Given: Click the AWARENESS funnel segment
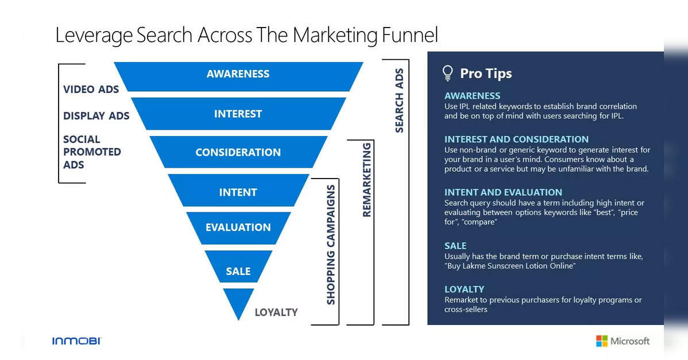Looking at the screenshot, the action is [238, 76].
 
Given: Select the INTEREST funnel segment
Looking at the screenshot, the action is [238, 114].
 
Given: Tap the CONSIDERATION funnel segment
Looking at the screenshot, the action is [238, 152].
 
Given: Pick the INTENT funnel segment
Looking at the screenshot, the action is [238, 190].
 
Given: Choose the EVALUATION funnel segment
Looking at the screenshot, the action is [238, 228].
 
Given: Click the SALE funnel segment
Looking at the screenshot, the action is [238, 266].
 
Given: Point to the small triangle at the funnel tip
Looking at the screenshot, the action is [238, 300].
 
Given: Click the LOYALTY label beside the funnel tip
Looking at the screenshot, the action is [276, 312].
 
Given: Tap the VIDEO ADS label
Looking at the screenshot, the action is [91, 90].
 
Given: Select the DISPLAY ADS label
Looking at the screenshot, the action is [96, 116].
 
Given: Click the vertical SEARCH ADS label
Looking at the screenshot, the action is [399, 100].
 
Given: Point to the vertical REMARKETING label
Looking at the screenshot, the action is [366, 179].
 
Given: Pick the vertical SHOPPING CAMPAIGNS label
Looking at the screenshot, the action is [331, 245].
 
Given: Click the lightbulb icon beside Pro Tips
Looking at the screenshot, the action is [447, 73].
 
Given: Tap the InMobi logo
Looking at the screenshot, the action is [77, 340].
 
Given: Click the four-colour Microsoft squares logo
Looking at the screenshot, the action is [601, 340].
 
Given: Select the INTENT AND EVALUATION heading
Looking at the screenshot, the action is [503, 192].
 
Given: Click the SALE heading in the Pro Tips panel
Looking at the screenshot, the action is [455, 246].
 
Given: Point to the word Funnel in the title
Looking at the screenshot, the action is [410, 35].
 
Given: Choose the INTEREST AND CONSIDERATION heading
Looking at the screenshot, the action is [516, 139].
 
